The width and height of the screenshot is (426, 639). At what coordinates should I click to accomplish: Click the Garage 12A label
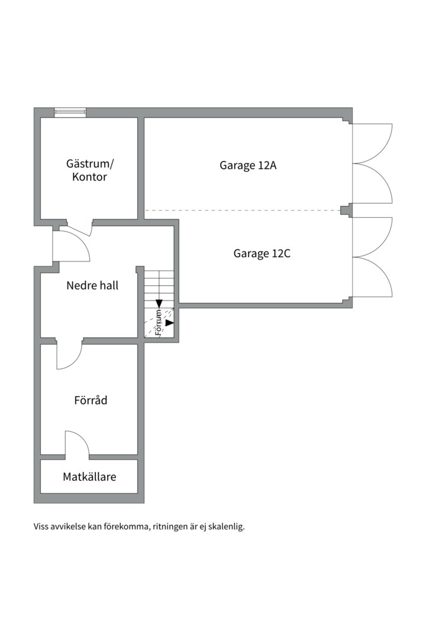[x=248, y=166]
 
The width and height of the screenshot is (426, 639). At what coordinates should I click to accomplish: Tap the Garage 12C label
[x=262, y=253]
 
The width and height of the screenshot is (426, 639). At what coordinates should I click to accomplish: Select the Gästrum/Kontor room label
[x=90, y=170]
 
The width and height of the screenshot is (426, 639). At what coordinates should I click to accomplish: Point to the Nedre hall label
[x=92, y=285]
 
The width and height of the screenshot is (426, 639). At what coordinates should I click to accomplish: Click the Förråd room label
[x=91, y=400]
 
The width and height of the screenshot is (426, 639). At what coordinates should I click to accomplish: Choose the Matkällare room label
[x=89, y=477]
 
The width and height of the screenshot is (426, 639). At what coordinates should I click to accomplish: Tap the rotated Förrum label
[x=159, y=323]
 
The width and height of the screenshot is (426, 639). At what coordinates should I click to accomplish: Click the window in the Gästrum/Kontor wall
[x=70, y=112]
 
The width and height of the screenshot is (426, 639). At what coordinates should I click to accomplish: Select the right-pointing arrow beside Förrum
[x=170, y=323]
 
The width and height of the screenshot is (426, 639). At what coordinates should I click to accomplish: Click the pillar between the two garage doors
[x=346, y=210]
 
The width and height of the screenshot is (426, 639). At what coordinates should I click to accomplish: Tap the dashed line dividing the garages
[x=243, y=210]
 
